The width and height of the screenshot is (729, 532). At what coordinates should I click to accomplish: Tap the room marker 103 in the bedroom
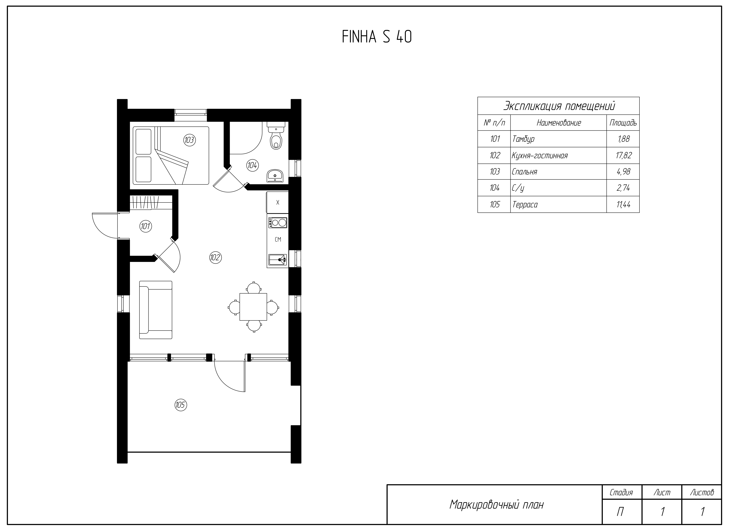[189, 140]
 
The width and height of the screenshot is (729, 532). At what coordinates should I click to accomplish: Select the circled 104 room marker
[252, 165]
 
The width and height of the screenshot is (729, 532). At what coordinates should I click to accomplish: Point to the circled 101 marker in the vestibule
[145, 226]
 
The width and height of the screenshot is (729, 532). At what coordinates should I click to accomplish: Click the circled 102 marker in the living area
[215, 257]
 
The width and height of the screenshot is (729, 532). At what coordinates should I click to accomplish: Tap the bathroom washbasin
[275, 176]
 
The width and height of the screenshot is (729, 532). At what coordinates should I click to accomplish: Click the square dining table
[253, 307]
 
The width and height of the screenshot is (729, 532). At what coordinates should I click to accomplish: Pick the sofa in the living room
[156, 310]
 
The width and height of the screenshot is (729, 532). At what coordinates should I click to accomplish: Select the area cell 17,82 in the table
[623, 156]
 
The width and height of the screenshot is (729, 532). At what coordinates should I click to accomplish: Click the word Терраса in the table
[525, 204]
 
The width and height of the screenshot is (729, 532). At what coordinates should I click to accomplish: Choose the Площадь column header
[623, 123]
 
